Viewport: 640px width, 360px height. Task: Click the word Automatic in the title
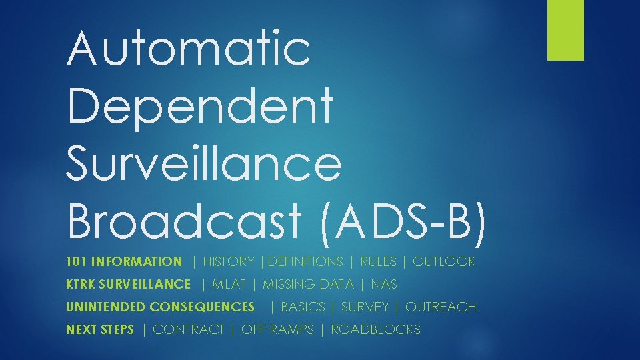[x=189, y=48]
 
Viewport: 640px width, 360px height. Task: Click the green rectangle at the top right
[x=565, y=30]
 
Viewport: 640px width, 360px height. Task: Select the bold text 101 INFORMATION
[x=124, y=262]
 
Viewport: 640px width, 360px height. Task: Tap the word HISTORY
[x=229, y=262]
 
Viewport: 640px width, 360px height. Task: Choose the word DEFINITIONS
[x=305, y=262]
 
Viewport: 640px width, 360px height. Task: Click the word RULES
[x=378, y=262]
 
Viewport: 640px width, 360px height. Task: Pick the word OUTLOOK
[x=444, y=262]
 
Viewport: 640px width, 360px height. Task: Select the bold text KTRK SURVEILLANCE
[x=128, y=285]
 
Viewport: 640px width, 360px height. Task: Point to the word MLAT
[x=229, y=285]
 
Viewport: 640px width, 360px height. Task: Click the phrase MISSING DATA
[x=308, y=285]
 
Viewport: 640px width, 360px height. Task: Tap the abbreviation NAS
[x=384, y=285]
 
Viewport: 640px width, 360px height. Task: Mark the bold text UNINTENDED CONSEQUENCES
[x=160, y=307]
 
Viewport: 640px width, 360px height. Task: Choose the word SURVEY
[x=365, y=307]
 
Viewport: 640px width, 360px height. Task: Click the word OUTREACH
[x=441, y=307]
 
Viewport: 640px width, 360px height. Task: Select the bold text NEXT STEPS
[x=100, y=330]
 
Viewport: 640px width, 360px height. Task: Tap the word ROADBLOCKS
[x=375, y=330]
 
